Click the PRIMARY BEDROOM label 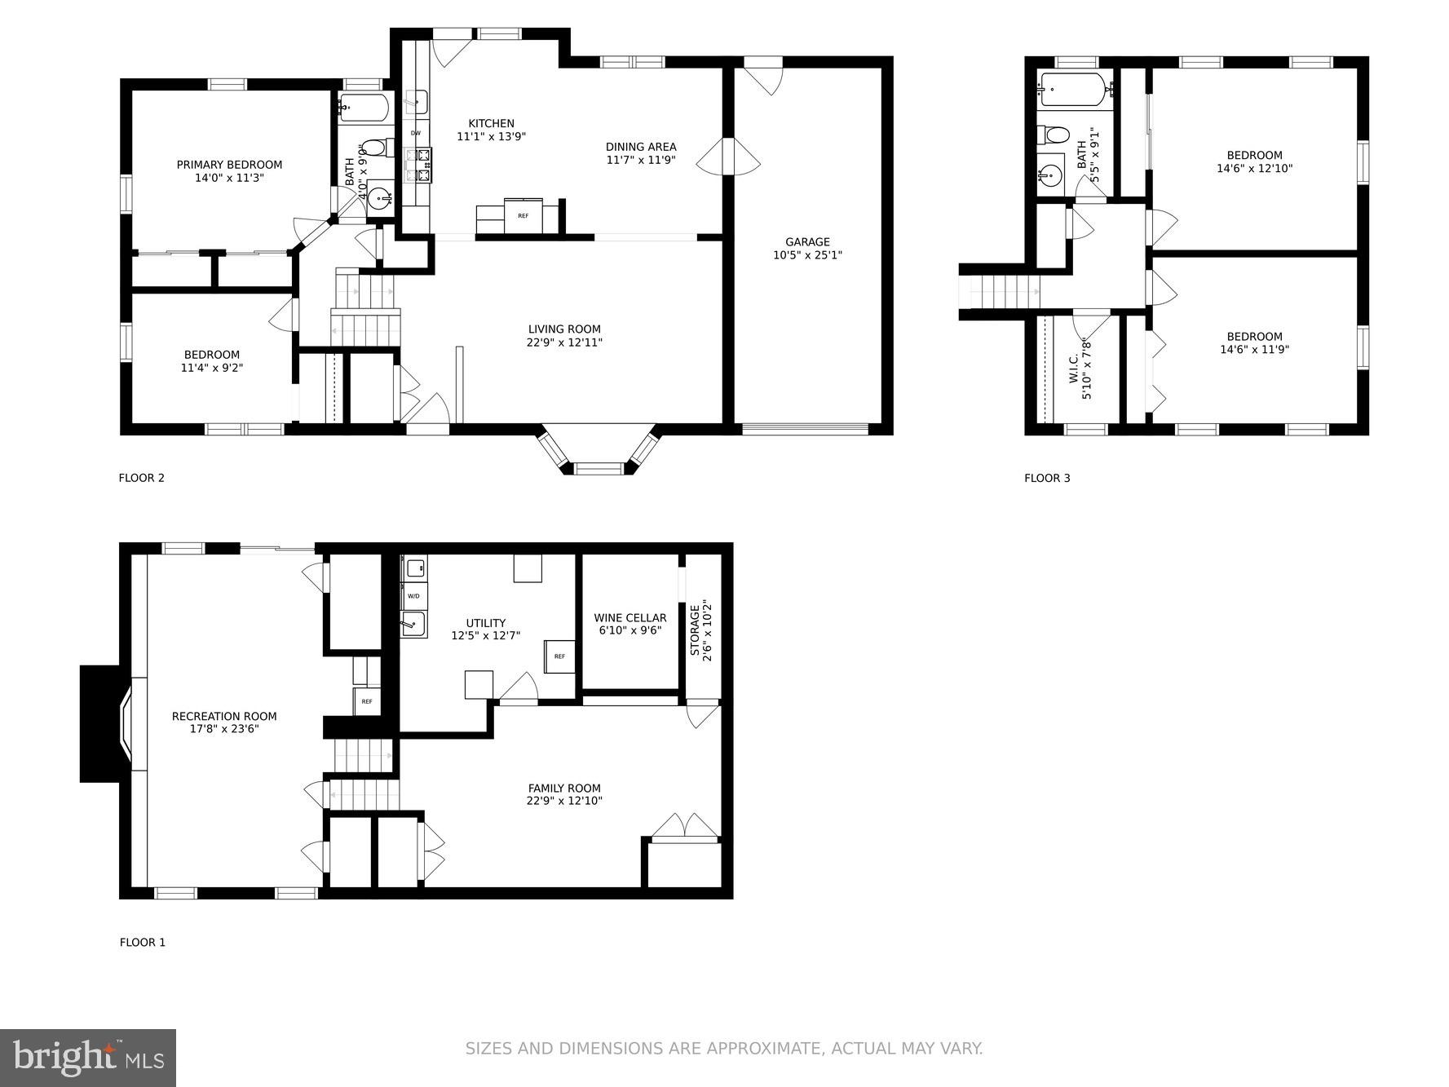[x=229, y=165]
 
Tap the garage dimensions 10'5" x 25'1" [x=807, y=255]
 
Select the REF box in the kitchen [x=523, y=216]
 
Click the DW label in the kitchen [x=415, y=133]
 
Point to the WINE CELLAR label [x=630, y=618]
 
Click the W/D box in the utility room [x=413, y=596]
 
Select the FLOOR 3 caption [x=1046, y=478]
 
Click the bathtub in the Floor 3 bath [x=1073, y=90]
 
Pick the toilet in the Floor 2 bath [x=373, y=148]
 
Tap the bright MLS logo [x=88, y=1058]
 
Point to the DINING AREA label [x=641, y=147]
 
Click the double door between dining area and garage [x=728, y=157]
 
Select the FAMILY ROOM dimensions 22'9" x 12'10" [x=563, y=801]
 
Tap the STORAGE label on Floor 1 [x=695, y=630]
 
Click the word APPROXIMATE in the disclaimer [x=761, y=1049]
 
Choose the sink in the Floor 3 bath [x=1050, y=175]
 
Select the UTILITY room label [x=486, y=623]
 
